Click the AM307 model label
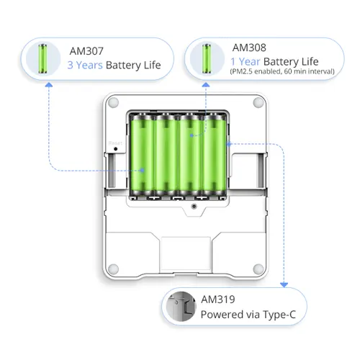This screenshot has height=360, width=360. [86, 51]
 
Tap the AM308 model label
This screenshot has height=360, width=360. [249, 48]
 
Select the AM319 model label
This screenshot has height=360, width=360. [218, 300]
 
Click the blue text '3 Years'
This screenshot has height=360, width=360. [85, 65]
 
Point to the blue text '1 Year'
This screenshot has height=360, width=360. [246, 62]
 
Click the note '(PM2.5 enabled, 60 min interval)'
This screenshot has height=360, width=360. [282, 71]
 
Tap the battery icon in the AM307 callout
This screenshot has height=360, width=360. [42, 58]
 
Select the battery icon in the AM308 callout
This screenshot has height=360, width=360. [207, 58]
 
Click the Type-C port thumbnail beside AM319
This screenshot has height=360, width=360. [181, 307]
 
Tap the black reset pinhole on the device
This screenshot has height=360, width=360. [115, 149]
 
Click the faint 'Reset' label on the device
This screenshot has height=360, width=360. [115, 143]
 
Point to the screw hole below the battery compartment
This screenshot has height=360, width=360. [194, 206]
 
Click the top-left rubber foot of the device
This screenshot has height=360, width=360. [113, 102]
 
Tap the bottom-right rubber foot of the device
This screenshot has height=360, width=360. [258, 269]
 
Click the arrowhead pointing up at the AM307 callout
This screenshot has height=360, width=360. [49, 84]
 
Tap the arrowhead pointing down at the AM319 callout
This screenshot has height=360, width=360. [284, 285]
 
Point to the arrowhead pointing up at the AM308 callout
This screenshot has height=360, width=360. [206, 84]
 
